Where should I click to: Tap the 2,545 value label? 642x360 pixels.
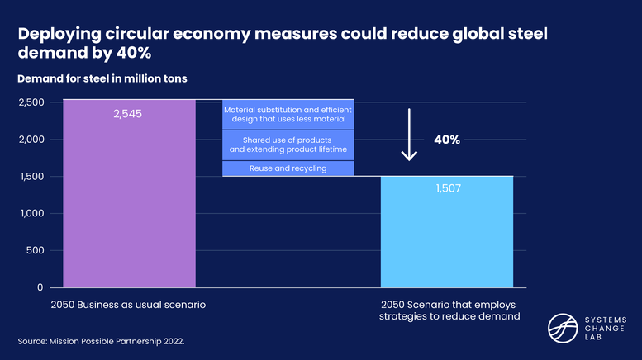point(128,113)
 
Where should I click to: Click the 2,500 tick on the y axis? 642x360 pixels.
point(31,102)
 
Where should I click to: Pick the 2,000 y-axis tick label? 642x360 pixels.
point(31,139)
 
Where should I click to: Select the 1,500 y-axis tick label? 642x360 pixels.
point(32,176)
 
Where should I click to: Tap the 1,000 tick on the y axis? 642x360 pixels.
point(32,213)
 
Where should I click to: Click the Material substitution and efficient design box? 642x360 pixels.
point(288,115)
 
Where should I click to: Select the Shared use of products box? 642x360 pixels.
point(288,145)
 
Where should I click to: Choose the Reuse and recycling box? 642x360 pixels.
point(288,168)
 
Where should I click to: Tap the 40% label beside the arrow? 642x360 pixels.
point(447,140)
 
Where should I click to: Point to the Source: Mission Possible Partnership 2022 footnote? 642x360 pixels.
point(101,339)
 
